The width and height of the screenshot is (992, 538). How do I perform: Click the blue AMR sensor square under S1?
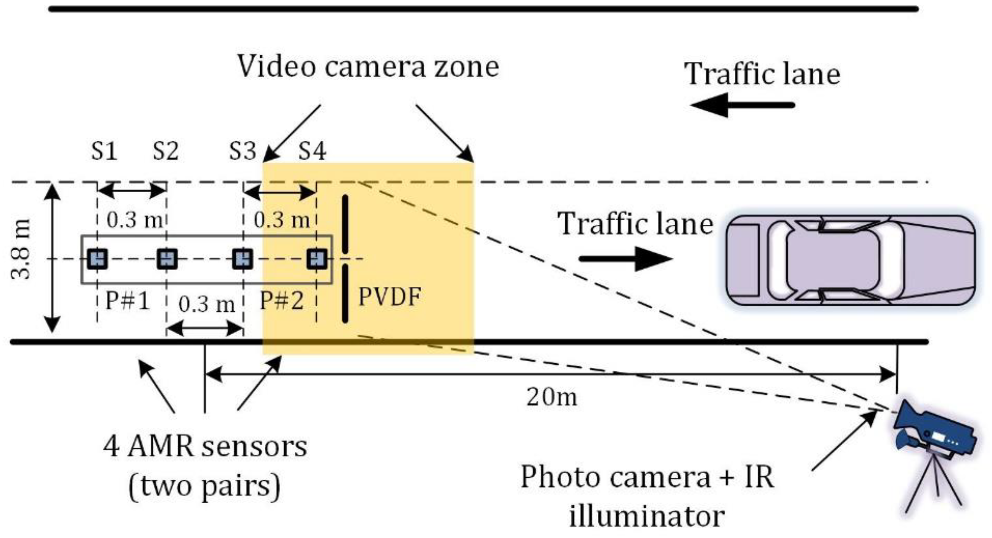coord(97,258)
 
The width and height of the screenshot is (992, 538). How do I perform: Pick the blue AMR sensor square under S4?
coord(317,258)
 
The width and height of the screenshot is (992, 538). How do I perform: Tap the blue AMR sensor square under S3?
coord(243,258)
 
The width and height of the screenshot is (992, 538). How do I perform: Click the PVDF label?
coord(389,297)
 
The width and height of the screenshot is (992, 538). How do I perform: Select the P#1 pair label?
coord(127,300)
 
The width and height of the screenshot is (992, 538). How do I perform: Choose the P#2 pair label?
coord(282,300)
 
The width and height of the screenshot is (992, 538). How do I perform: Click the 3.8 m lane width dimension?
coord(20,249)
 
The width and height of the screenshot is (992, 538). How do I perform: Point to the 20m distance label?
coord(551,397)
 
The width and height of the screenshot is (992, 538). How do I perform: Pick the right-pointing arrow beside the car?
coord(625,259)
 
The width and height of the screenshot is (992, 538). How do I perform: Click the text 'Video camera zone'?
coord(368,67)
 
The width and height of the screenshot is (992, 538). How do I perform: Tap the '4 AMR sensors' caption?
coord(205,447)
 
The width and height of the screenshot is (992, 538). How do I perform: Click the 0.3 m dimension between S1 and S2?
coord(134,220)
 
